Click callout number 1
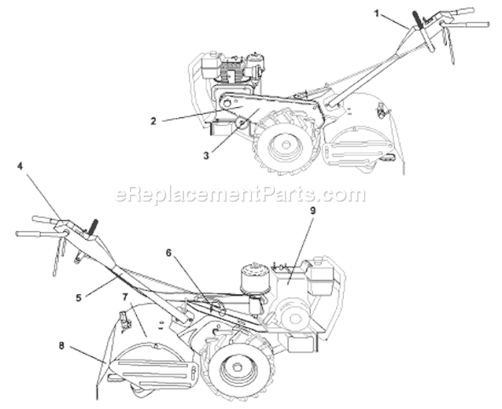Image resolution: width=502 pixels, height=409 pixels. pyautogui.click(x=377, y=14)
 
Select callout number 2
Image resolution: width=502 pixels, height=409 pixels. pyautogui.click(x=154, y=121)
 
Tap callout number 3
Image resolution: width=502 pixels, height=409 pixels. pyautogui.click(x=206, y=156)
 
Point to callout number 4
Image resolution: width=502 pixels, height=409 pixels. pyautogui.click(x=20, y=167)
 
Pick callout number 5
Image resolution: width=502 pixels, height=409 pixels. pyautogui.click(x=79, y=297)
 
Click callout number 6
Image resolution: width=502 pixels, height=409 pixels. pyautogui.click(x=169, y=244)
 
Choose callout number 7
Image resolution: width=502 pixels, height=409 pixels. pyautogui.click(x=125, y=297)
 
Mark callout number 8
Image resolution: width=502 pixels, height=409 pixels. pyautogui.click(x=62, y=345)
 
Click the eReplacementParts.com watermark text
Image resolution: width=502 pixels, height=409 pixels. pyautogui.click(x=240, y=194)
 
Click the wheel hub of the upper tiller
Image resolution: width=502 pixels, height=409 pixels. pyautogui.click(x=285, y=145)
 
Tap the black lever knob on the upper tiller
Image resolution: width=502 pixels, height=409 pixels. pyautogui.click(x=418, y=19)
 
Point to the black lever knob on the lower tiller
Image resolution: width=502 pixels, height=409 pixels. pyautogui.click(x=94, y=228)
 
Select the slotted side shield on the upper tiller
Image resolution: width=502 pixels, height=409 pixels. pyautogui.click(x=359, y=149)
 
